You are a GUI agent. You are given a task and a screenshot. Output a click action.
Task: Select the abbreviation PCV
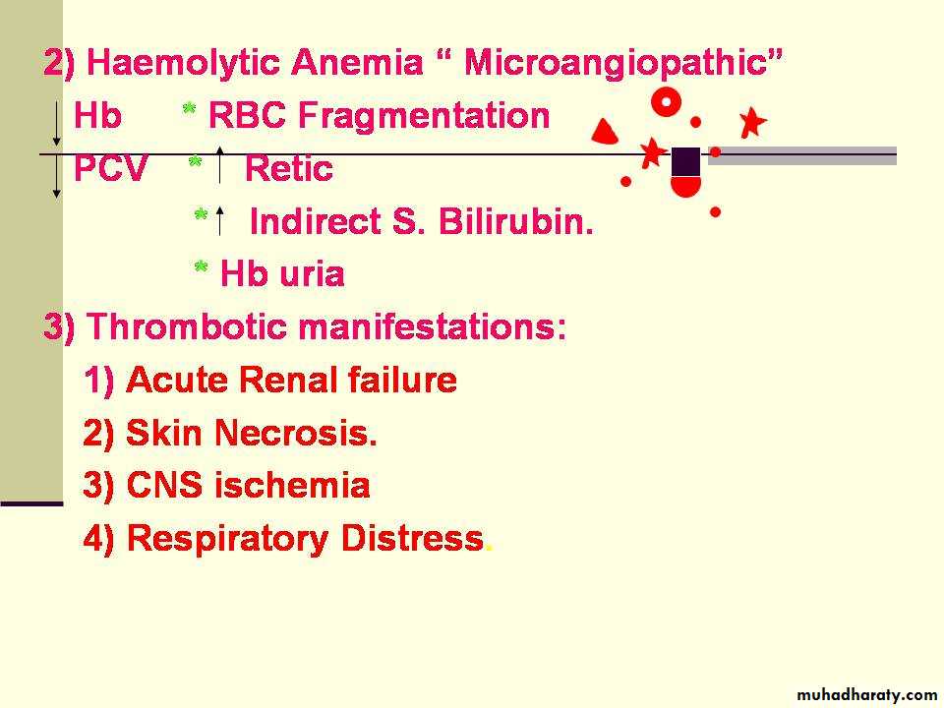[110, 168]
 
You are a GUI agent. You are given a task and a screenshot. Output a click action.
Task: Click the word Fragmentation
[424, 115]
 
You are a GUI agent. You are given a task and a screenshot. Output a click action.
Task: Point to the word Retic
[288, 168]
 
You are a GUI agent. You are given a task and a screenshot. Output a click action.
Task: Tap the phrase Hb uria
[282, 274]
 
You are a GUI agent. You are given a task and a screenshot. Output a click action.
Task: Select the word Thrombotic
[187, 326]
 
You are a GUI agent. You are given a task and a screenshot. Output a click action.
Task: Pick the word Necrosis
[296, 433]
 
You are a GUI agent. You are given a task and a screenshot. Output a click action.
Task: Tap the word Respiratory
[227, 539]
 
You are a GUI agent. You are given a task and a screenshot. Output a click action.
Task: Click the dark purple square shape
[685, 161]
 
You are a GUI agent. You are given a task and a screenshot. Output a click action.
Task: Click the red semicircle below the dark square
[685, 187]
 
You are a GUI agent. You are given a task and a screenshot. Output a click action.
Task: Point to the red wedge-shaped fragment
[605, 132]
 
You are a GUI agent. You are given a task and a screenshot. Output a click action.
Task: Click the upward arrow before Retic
[219, 164]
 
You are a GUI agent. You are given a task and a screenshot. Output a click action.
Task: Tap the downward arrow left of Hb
[56, 124]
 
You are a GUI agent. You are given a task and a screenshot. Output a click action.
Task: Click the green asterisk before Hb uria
[201, 266]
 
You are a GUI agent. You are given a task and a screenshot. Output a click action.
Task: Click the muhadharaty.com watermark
[866, 695]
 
